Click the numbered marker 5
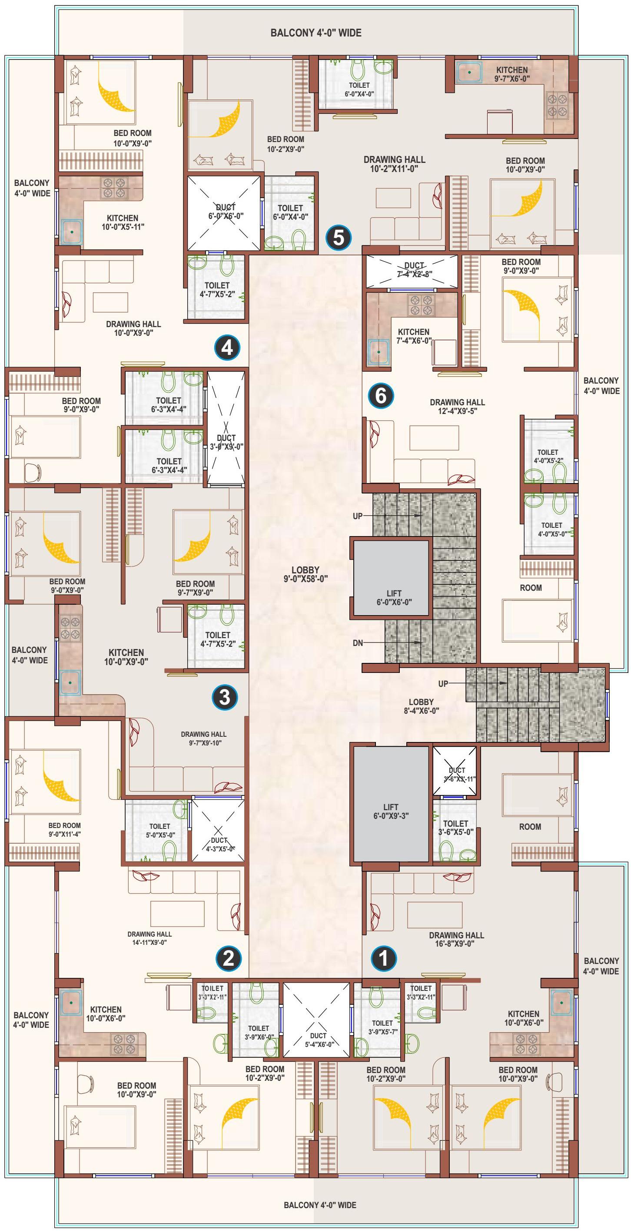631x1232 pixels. tap(338, 237)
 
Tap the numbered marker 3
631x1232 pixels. tap(225, 697)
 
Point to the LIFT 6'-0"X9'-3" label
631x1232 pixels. tap(391, 811)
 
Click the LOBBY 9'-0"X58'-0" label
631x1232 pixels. tap(305, 574)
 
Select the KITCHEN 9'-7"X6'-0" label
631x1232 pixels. tap(512, 74)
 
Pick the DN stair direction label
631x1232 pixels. tap(358, 643)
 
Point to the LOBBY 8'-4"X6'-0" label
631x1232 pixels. tap(421, 706)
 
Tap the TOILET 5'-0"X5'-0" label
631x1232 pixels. tap(160, 830)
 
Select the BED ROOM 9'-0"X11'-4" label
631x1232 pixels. tap(65, 830)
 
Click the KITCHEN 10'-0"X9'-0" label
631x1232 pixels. tap(126, 657)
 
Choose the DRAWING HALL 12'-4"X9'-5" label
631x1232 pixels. tap(457, 407)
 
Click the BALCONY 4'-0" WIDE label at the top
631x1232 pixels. tap(316, 33)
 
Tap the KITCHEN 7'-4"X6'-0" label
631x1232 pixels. tap(414, 336)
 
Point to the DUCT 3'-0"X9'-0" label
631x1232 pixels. tap(226, 442)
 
